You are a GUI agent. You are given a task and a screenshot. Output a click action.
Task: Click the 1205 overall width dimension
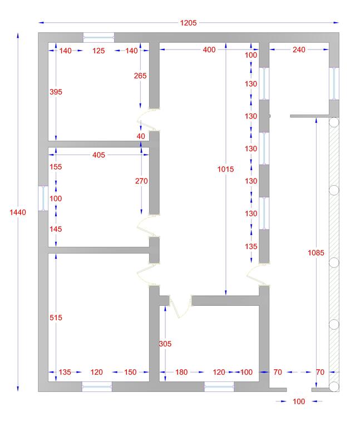188,23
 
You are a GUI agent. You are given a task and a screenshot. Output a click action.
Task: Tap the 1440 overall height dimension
18,212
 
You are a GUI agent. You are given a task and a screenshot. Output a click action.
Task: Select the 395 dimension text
56,92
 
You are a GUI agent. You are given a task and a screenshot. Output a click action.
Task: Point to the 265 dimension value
140,76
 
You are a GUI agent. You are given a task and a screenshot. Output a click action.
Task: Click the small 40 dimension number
141,136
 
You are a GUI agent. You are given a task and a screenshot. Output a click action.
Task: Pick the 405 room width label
98,155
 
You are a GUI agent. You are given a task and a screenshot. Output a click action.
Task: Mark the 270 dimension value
141,181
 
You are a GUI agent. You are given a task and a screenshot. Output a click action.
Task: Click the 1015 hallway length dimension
226,170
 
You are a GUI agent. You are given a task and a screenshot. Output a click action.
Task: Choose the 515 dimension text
56,317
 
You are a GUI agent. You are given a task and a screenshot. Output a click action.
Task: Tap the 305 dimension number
165,344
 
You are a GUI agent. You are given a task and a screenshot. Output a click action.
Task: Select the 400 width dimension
209,50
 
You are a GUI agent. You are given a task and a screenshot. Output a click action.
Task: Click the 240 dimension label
299,50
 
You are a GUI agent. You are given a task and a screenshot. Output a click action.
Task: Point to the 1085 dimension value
316,253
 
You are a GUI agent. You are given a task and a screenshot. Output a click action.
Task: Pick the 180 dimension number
181,373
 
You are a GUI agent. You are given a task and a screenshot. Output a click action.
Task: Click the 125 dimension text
98,51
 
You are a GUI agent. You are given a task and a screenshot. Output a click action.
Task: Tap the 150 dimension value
130,373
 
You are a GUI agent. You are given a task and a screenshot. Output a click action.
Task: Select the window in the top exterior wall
98,38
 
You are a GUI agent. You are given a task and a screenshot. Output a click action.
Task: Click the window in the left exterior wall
43,198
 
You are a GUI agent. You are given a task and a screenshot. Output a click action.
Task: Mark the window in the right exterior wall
334,83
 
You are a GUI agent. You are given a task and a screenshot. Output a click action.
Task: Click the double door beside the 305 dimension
180,306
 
